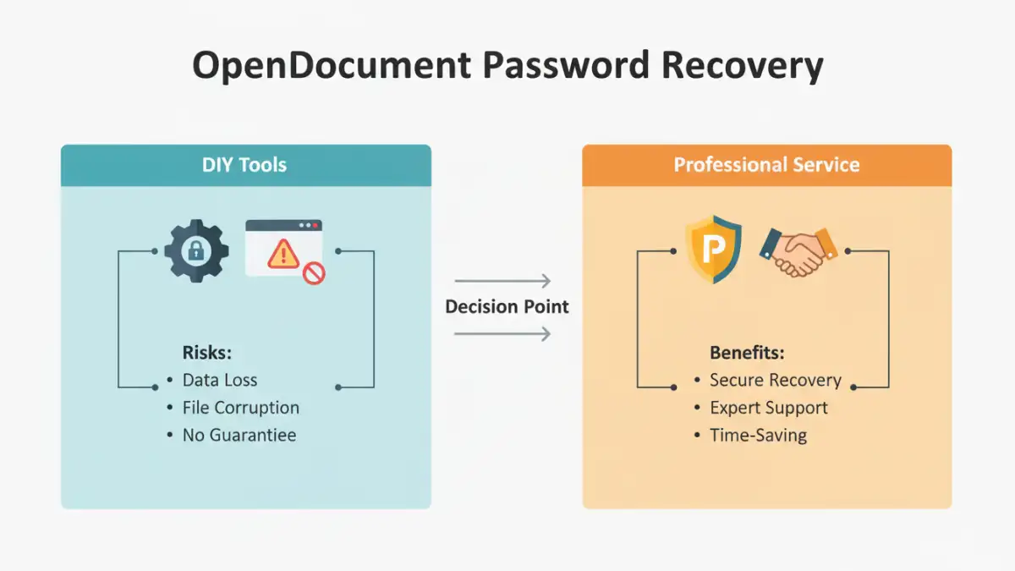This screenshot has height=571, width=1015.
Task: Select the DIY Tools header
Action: point(244,165)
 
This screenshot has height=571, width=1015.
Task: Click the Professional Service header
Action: point(766,165)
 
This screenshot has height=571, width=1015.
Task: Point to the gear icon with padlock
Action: point(196,250)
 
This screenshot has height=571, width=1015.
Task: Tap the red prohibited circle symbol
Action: point(314,273)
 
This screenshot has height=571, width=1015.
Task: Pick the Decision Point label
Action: point(507,306)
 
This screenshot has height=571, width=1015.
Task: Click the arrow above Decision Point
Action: point(502,281)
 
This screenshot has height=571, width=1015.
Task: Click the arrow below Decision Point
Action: point(502,334)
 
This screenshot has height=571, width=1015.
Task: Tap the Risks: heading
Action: point(206,353)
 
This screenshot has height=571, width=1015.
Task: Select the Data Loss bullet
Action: point(220,381)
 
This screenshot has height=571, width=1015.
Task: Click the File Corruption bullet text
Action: point(241,408)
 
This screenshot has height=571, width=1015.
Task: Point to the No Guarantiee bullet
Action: point(239,436)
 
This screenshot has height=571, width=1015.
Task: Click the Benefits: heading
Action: point(747,353)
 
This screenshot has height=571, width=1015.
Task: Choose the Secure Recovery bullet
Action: point(775,381)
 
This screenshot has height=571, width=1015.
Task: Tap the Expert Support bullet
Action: point(769,408)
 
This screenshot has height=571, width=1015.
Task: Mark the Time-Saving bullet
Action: point(758,436)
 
